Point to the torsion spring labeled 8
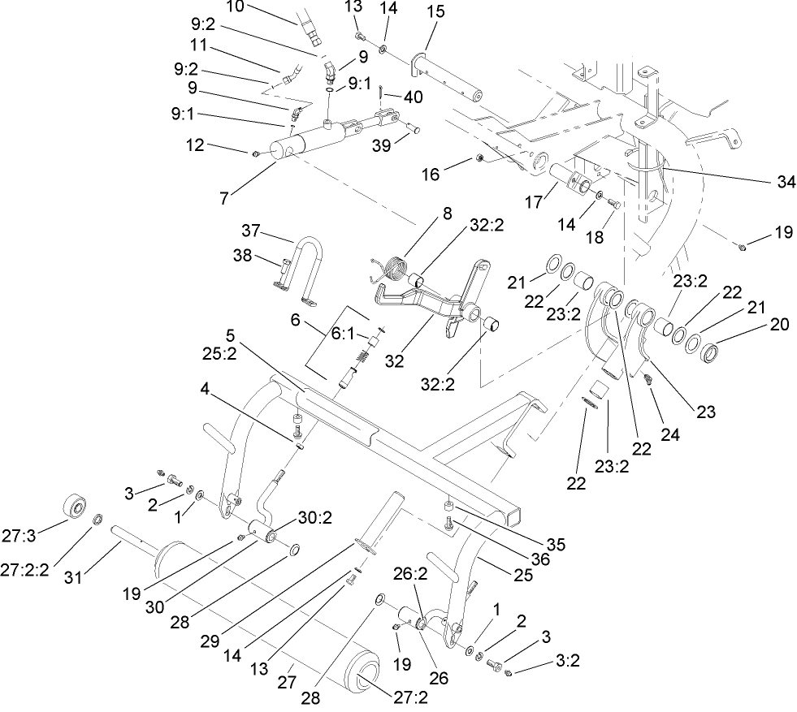click(x=396, y=267)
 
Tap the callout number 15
click(x=435, y=13)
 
